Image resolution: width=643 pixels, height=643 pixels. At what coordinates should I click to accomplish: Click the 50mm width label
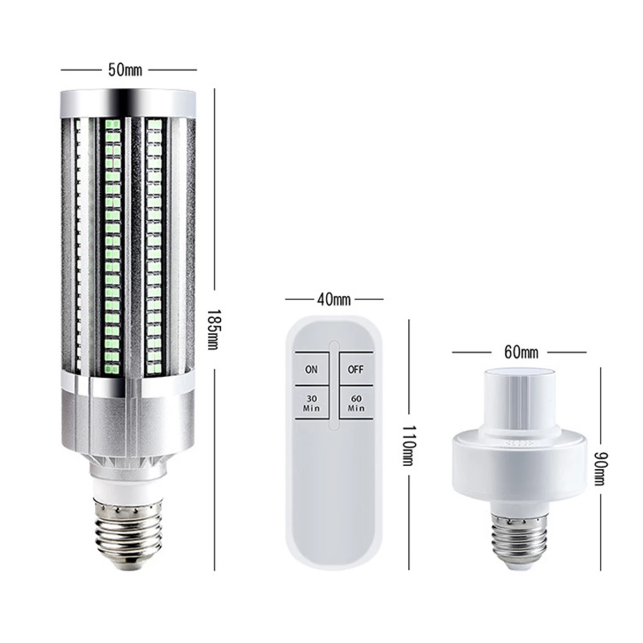point(125,70)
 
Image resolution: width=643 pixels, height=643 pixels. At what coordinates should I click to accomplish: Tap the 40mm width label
point(334,299)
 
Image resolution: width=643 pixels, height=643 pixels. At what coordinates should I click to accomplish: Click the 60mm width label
point(521,352)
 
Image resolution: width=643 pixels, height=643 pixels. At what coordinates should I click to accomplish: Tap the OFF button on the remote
point(355,369)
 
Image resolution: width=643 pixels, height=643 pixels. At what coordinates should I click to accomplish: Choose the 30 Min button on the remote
point(311,403)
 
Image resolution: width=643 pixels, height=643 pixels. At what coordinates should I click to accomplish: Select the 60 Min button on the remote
point(356,403)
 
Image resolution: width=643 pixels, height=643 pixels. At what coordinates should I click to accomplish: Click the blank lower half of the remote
point(334,498)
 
